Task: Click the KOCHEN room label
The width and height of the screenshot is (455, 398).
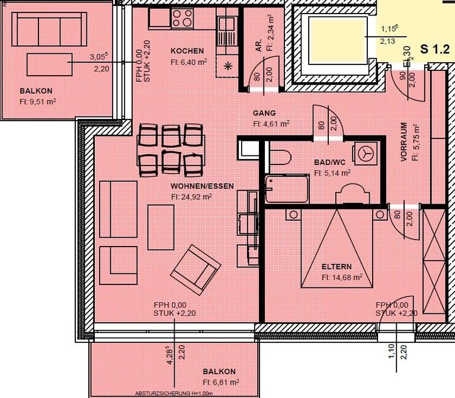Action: click(x=187, y=51)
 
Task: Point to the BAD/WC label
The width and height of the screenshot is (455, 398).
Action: click(x=329, y=163)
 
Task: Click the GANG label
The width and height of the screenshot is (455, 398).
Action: click(x=264, y=113)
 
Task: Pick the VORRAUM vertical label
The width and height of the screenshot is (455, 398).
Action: click(x=403, y=142)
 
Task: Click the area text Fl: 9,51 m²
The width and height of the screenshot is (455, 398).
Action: click(x=38, y=101)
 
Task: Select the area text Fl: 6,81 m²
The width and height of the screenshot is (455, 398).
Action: click(x=220, y=382)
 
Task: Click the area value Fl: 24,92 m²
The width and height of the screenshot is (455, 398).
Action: click(x=191, y=196)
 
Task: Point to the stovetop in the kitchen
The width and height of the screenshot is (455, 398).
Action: click(x=182, y=20)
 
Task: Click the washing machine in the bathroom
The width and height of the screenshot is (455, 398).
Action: click(x=364, y=153)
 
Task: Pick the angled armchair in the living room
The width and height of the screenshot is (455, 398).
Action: click(x=195, y=271)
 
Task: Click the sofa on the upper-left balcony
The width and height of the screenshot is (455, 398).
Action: click(x=48, y=27)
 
